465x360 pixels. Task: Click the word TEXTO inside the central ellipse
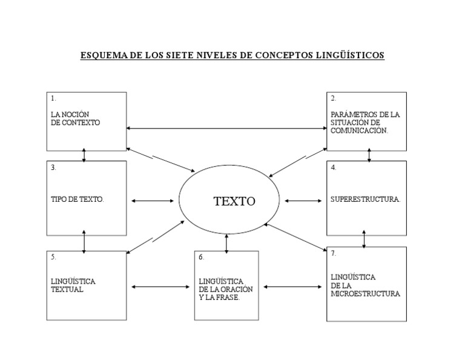pos(234,202)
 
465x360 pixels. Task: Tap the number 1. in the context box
pos(53,98)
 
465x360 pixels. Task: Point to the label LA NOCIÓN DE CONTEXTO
pos(75,118)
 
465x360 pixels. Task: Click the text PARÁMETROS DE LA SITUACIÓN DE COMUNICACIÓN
pos(364,122)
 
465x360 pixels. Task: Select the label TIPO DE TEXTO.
pos(77,199)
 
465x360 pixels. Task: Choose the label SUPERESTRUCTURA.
pos(366,199)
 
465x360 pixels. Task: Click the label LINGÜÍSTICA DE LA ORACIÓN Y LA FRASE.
pos(225,290)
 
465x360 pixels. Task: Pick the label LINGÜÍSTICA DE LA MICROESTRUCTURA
pos(365,285)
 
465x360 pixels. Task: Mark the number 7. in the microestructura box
pos(334,254)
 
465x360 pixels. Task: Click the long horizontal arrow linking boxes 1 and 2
pos(226,128)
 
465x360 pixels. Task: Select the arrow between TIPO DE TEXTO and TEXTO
pos(152,201)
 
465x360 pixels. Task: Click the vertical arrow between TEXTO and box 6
pos(226,242)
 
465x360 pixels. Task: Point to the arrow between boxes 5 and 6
pos(160,287)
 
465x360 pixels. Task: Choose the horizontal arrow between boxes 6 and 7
pos(292,287)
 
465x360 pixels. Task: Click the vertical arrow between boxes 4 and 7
pos(364,238)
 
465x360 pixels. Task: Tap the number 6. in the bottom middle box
pos(202,257)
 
